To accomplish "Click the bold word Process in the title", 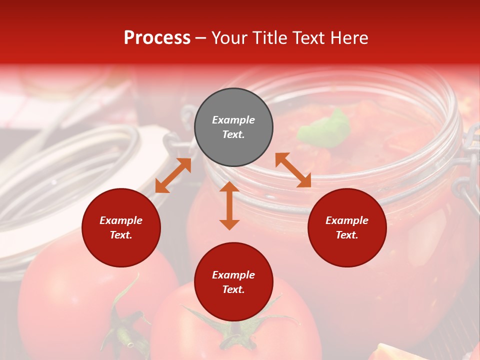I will coord(157,38).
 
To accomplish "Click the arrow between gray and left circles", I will coord(173,175).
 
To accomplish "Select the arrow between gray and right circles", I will coord(293,170).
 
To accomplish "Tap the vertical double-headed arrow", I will coord(229,205).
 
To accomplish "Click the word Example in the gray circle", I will coord(233,120).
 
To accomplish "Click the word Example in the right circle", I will coord(347,220).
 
